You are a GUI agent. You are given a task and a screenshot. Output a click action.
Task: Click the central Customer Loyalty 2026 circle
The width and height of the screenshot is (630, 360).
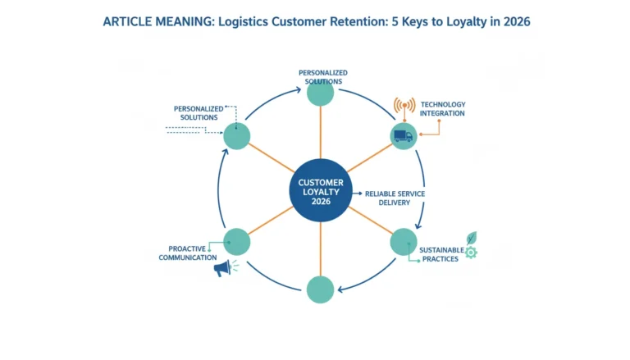click(x=321, y=190)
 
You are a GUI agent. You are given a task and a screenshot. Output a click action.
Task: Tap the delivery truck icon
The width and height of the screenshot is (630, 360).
click(x=403, y=136)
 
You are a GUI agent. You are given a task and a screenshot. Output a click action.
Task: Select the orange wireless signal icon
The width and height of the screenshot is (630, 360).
click(x=404, y=105)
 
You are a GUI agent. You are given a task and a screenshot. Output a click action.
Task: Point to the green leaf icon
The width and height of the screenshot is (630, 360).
click(x=472, y=238)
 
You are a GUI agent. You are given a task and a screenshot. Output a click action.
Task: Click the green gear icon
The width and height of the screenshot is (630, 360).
click(x=471, y=253)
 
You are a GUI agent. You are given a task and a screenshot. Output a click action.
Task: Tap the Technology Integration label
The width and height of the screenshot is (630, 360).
click(x=442, y=109)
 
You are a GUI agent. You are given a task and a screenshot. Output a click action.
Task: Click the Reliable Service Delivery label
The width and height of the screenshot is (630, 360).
click(x=395, y=198)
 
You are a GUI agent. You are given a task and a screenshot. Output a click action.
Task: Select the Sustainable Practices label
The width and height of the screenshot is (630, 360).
click(x=441, y=254)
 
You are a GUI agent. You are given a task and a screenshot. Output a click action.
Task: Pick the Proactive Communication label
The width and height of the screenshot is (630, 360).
click(x=187, y=253)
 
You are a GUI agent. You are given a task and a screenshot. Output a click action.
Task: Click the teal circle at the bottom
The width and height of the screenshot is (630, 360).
click(x=320, y=289)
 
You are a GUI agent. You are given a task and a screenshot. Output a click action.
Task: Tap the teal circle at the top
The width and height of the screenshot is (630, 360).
click(x=320, y=93)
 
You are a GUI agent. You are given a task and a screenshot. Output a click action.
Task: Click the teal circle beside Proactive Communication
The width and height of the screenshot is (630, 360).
click(x=236, y=242)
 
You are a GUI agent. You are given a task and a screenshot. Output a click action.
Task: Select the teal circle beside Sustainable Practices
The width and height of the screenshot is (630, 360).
click(x=404, y=242)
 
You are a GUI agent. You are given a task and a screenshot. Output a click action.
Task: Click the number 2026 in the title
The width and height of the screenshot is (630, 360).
click(x=517, y=21)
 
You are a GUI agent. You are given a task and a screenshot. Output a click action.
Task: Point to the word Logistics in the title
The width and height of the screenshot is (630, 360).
click(x=243, y=21)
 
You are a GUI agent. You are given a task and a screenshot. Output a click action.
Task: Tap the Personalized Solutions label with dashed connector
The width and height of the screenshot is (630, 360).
click(x=199, y=113)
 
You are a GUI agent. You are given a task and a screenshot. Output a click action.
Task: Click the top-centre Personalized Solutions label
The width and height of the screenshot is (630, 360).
click(x=323, y=77)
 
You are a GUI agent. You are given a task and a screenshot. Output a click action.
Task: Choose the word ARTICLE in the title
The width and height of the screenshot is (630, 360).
click(x=127, y=21)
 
